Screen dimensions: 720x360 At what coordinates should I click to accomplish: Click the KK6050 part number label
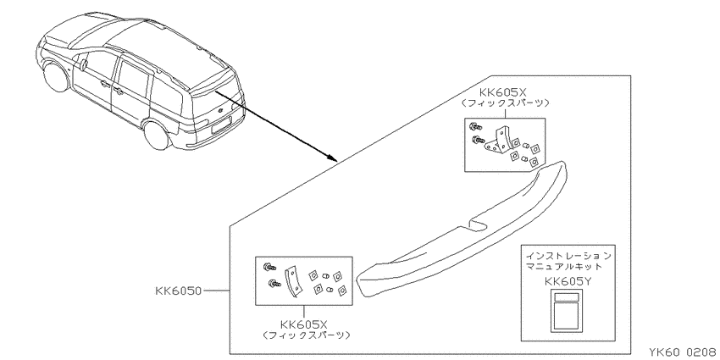pyautogui.click(x=178, y=291)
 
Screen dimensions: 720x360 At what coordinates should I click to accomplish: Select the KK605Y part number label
pyautogui.click(x=568, y=281)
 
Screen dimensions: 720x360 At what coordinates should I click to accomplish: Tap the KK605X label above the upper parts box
pyautogui.click(x=503, y=93)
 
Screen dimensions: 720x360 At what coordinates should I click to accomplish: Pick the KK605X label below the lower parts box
pyautogui.click(x=303, y=324)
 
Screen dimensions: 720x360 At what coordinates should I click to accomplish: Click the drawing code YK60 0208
pyautogui.click(x=684, y=352)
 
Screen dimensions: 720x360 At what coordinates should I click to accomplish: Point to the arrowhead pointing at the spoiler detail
pyautogui.click(x=334, y=158)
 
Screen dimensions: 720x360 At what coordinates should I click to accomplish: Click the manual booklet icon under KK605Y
pyautogui.click(x=566, y=310)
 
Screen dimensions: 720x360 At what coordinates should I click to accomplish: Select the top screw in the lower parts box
pyautogui.click(x=269, y=266)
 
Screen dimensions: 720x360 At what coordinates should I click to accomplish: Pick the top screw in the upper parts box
pyautogui.click(x=474, y=125)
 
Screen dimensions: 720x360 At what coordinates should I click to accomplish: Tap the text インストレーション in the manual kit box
pyautogui.click(x=568, y=256)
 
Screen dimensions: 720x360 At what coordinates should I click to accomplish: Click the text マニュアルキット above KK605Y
pyautogui.click(x=564, y=266)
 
